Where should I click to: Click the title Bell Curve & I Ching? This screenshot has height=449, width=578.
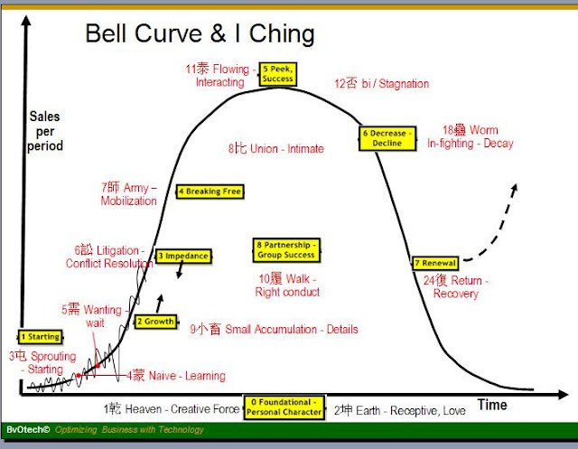pyautogui.click(x=200, y=34)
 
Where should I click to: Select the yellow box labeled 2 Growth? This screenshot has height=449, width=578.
pyautogui.click(x=156, y=322)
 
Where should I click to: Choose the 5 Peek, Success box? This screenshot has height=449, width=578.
pyautogui.click(x=277, y=74)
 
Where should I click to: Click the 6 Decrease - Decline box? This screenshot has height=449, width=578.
pyautogui.click(x=387, y=137)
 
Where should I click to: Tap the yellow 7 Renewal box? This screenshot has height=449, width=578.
pyautogui.click(x=435, y=263)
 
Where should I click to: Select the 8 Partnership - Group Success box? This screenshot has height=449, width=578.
pyautogui.click(x=285, y=249)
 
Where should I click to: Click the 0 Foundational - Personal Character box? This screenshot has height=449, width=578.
pyautogui.click(x=284, y=406)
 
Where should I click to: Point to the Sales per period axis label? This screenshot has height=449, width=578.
pyautogui.click(x=45, y=131)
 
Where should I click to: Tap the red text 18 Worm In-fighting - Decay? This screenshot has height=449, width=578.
pyautogui.click(x=471, y=136)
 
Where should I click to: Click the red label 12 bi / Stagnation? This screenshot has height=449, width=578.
pyautogui.click(x=381, y=84)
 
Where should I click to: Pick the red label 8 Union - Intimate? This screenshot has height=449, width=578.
pyautogui.click(x=275, y=148)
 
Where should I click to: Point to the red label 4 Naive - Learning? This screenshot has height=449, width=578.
pyautogui.click(x=176, y=376)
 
